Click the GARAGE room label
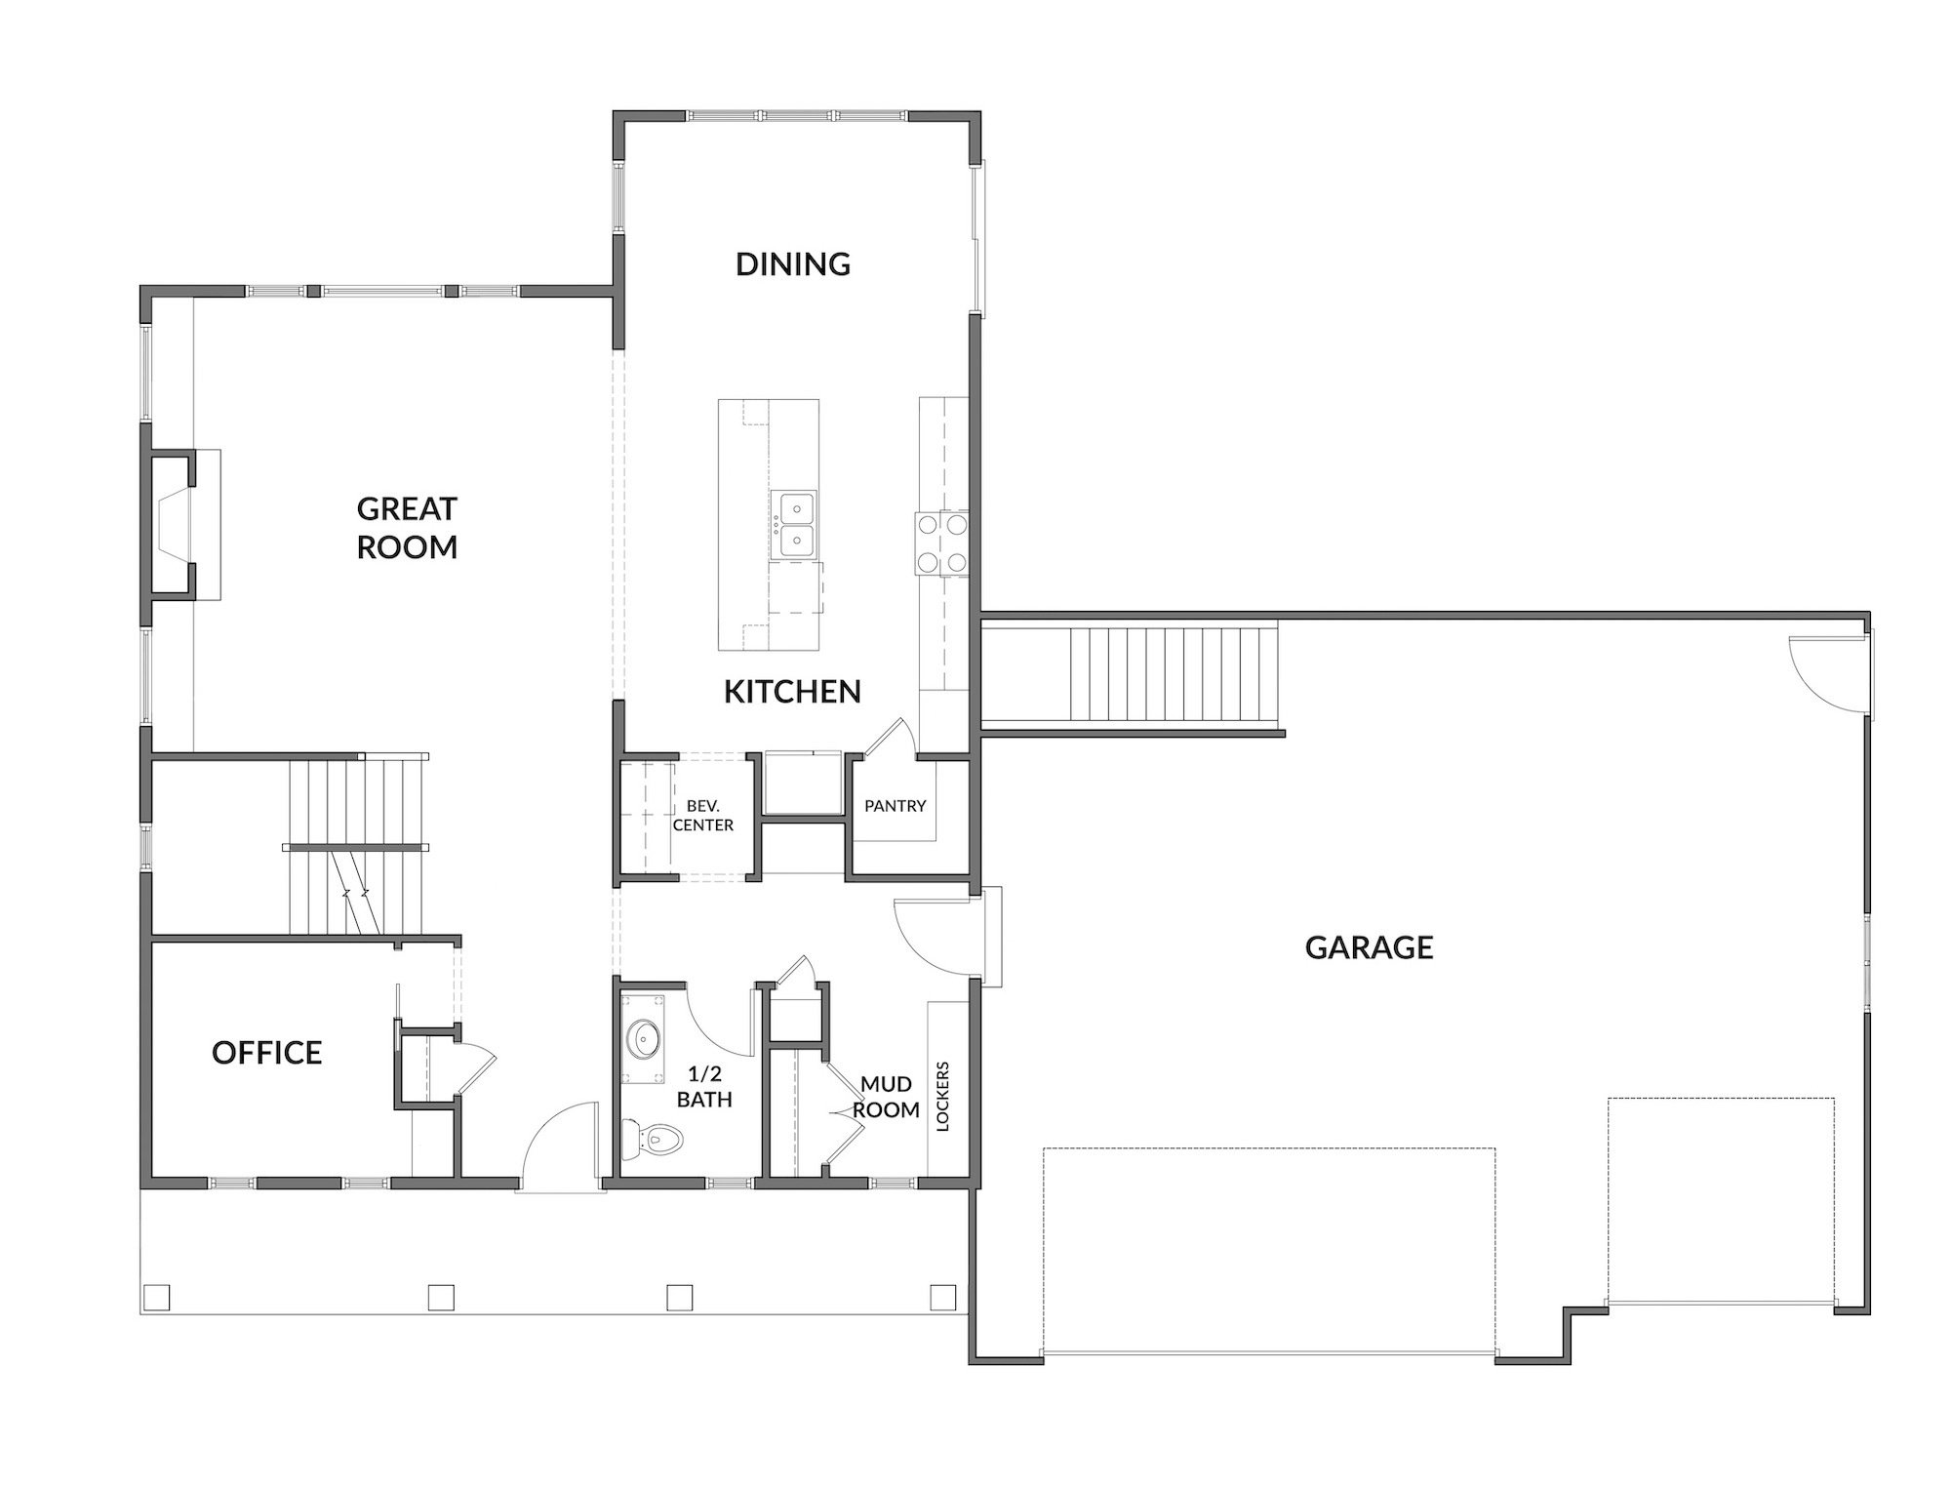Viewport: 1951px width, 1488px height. point(1369,947)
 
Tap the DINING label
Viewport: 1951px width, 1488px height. point(793,263)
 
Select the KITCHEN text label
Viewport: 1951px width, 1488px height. point(792,692)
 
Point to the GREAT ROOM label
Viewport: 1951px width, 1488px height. point(407,527)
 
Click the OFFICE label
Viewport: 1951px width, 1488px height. point(267,1053)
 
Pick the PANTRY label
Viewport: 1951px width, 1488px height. point(895,806)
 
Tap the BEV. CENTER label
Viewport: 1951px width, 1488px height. point(703,815)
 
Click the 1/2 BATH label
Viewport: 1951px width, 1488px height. point(704,1087)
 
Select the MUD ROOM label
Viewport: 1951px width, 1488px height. point(886,1097)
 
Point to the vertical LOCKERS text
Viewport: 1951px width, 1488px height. point(942,1097)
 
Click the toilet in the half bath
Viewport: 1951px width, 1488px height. point(653,1138)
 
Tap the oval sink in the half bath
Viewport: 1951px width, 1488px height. point(644,1039)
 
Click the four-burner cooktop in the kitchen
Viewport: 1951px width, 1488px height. point(940,543)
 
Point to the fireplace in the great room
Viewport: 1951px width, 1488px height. point(174,523)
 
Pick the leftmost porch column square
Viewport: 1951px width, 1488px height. point(156,1297)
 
